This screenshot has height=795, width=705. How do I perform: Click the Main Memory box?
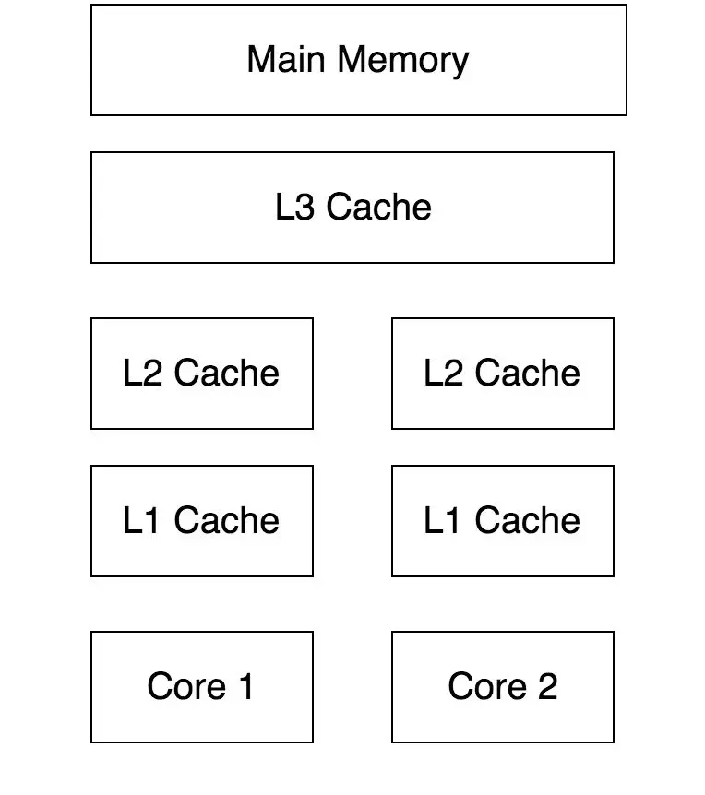[359, 60]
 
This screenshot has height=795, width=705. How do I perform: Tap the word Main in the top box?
[285, 59]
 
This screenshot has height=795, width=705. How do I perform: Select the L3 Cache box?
[352, 208]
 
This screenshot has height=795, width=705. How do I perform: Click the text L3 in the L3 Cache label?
[294, 207]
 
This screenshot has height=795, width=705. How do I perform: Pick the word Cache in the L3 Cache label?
[378, 207]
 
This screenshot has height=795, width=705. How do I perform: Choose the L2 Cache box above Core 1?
[202, 374]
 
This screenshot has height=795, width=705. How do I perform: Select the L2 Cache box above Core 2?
[503, 374]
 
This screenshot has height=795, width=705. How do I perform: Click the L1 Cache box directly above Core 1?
[202, 521]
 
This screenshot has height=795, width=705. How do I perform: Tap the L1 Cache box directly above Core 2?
[503, 521]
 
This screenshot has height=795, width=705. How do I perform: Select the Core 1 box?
[202, 687]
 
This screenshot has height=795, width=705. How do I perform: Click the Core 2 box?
[503, 687]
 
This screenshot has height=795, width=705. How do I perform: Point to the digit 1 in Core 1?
[246, 686]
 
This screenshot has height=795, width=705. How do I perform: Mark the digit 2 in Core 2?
[548, 686]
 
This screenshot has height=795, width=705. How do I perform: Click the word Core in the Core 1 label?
[186, 686]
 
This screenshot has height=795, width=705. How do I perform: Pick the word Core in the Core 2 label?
[487, 686]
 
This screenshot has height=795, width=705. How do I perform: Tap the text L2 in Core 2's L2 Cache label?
[443, 373]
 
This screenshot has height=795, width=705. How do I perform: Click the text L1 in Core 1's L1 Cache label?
[141, 520]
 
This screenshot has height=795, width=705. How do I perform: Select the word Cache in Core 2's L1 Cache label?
[528, 520]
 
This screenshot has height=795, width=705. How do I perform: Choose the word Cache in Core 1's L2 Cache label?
[227, 373]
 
